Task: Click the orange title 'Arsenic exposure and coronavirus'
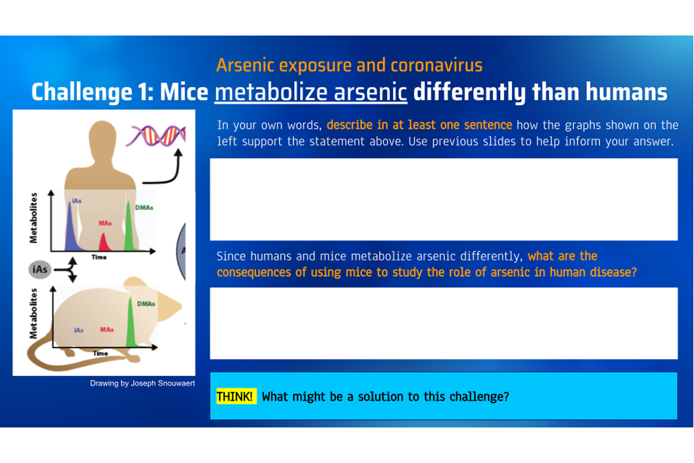point(349,65)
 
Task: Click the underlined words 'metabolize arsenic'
point(311,92)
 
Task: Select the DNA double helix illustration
point(156,136)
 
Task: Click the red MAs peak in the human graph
point(103,243)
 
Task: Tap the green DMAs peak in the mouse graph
point(131,324)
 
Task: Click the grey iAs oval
point(40,270)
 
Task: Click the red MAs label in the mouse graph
point(107,330)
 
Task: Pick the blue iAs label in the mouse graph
point(79,330)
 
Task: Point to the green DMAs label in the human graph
point(144,208)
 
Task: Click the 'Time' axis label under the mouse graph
point(100,353)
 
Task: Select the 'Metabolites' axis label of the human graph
point(33,218)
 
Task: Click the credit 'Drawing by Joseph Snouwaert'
point(143,383)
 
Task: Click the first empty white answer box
point(444,199)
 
